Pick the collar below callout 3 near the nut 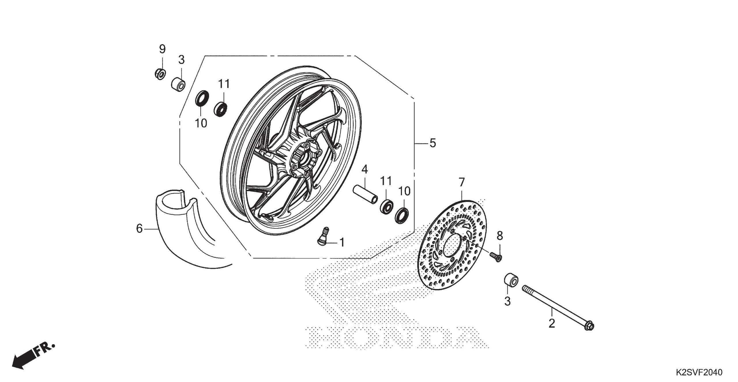[178, 84]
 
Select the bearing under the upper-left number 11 [221, 109]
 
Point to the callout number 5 [433, 143]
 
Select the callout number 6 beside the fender [140, 229]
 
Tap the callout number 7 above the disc [462, 182]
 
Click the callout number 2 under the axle [551, 323]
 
